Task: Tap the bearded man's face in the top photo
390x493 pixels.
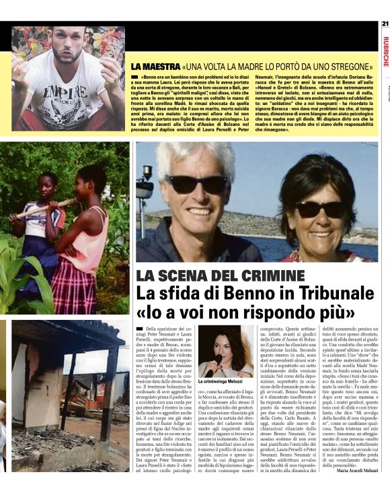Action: (x=67, y=46)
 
